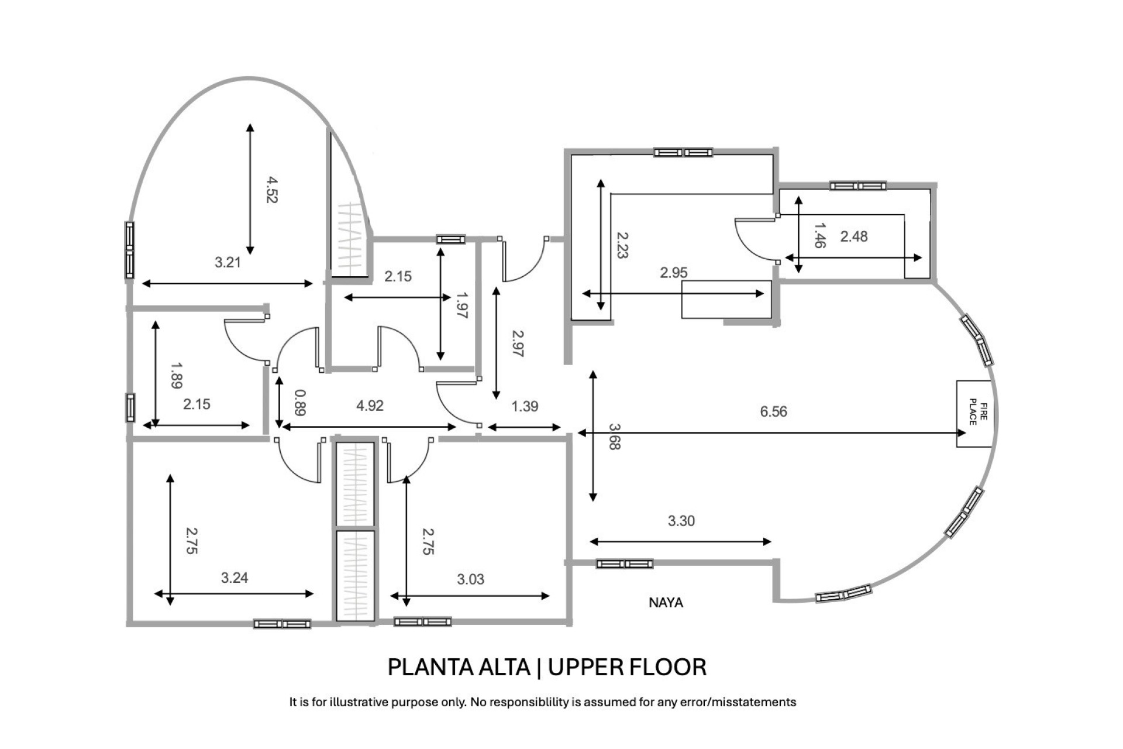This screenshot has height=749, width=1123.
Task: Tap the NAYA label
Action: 666,602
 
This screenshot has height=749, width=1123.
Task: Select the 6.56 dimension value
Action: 773,411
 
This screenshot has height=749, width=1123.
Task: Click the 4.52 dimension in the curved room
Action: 270,190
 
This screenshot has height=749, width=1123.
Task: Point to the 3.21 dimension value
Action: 228,262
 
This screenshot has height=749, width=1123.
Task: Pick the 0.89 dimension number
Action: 299,403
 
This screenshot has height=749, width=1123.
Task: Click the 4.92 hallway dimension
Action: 370,406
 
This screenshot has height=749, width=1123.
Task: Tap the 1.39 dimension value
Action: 525,406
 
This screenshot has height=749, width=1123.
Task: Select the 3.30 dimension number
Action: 681,521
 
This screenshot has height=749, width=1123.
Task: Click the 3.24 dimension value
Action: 235,578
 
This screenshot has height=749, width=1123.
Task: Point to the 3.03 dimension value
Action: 470,579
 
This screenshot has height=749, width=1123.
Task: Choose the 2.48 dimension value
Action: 854,236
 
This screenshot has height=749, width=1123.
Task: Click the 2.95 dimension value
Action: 674,273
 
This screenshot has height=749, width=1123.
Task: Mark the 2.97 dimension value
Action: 518,343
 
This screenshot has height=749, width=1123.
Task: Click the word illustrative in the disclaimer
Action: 360,702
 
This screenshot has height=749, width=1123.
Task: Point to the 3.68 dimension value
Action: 614,437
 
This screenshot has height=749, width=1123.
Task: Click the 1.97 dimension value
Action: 461,305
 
